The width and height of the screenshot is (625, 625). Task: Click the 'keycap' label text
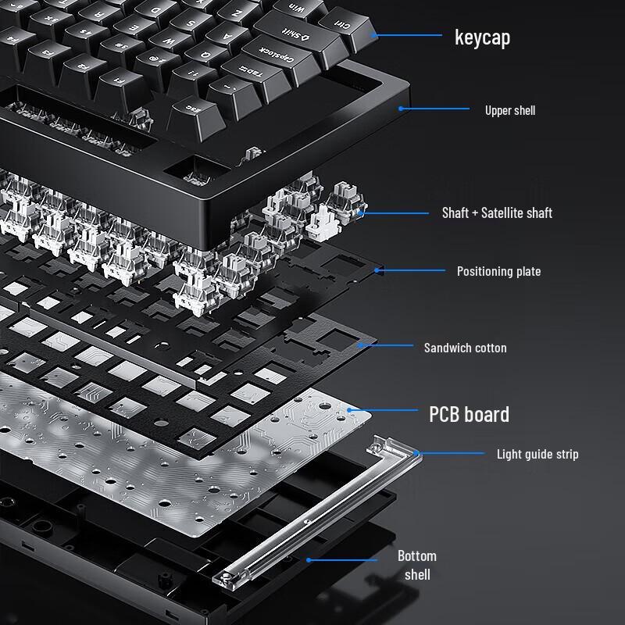pos(482,37)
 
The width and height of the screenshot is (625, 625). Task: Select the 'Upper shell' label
pos(509,110)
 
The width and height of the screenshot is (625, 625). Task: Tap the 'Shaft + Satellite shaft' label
pos(497,212)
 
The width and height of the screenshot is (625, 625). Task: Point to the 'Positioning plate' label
pos(498,271)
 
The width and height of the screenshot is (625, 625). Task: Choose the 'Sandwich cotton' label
pos(465,348)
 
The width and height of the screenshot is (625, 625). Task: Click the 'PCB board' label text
pos(469,413)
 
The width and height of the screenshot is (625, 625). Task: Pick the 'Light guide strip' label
pos(537,454)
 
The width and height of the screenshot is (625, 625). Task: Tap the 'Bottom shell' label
pos(416,565)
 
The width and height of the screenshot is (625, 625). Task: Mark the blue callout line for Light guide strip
pos(453,453)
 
